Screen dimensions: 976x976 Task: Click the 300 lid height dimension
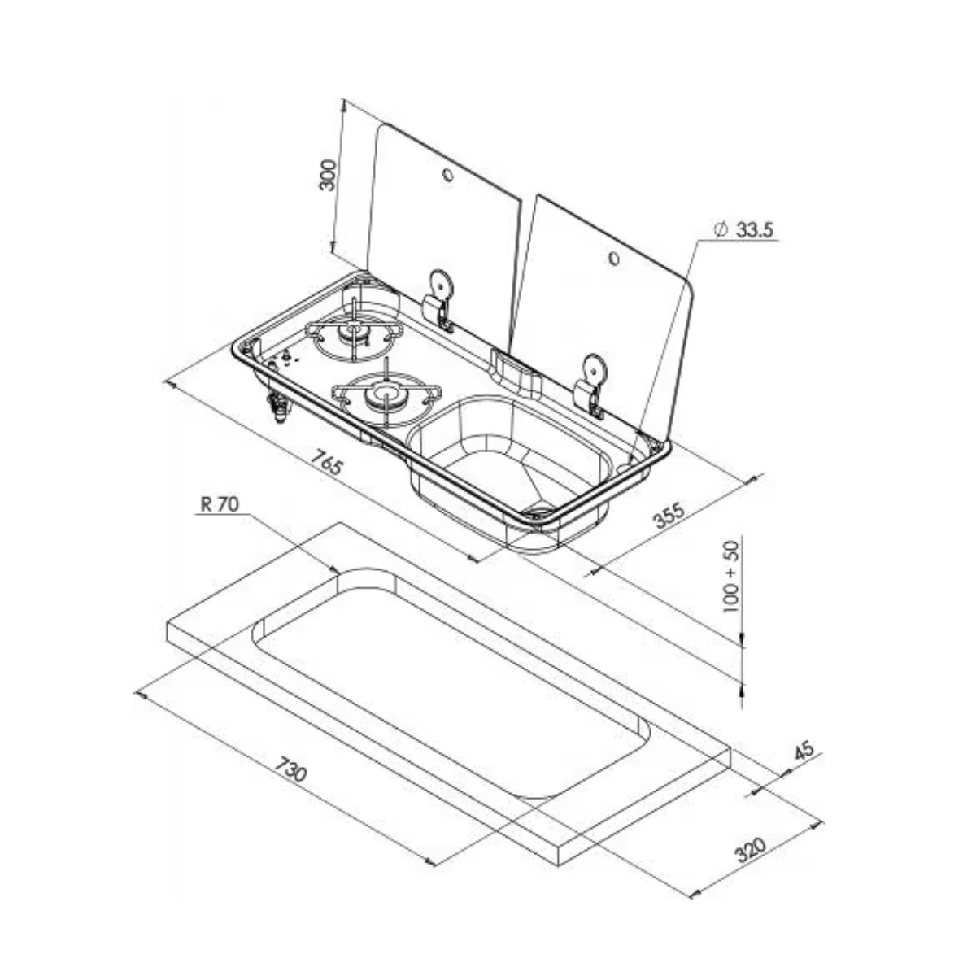(329, 175)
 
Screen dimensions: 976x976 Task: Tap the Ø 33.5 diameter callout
(743, 230)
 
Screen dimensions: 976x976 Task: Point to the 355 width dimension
(669, 514)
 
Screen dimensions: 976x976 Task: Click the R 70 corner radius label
(220, 504)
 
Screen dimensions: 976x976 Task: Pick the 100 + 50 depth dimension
(731, 576)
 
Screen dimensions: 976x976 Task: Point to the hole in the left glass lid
(447, 174)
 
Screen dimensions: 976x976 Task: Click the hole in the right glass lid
(614, 259)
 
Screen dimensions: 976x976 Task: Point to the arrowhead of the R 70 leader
(335, 570)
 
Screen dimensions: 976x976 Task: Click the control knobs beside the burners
(282, 360)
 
